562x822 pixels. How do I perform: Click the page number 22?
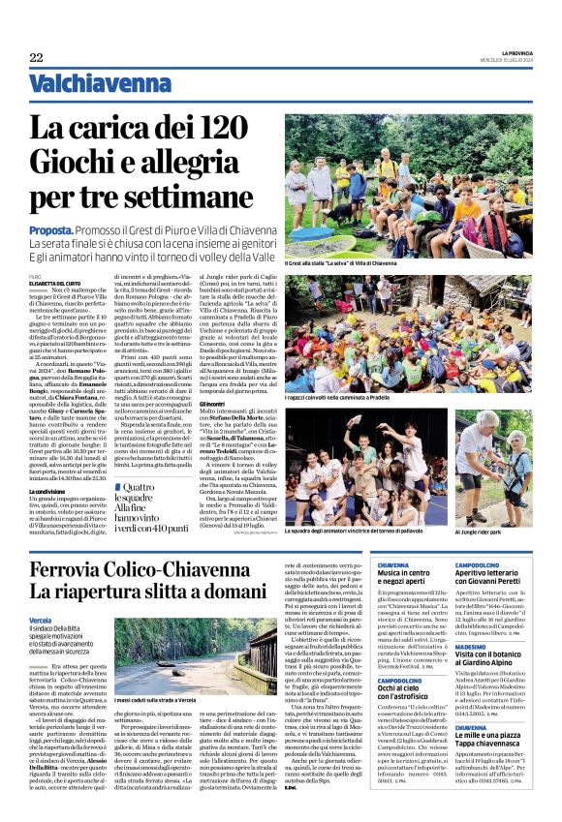click(36, 59)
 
